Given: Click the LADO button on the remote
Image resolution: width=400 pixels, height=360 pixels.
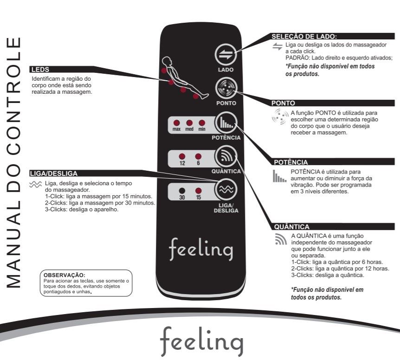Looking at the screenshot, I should (225, 55).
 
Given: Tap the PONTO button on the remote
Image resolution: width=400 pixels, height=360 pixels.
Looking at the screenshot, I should (226, 88).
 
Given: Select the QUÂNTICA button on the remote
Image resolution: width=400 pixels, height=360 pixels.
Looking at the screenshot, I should (226, 157).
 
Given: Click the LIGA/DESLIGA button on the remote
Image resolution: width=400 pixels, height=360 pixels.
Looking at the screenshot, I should (226, 189).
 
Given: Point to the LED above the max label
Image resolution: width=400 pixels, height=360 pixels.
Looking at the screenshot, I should (177, 123).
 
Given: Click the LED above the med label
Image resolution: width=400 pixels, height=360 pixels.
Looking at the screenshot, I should (189, 123).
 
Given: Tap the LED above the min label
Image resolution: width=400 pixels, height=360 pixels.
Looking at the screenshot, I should (201, 123).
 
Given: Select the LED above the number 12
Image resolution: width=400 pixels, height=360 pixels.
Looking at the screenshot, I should (182, 156).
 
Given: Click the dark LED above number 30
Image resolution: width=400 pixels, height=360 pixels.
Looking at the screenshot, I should (182, 190).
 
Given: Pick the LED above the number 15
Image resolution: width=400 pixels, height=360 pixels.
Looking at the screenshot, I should (198, 190).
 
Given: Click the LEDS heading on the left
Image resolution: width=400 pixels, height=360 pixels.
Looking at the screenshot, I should (39, 70).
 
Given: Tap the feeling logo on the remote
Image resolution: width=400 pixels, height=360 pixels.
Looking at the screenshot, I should (201, 250).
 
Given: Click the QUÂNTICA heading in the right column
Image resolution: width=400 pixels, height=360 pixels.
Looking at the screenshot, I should (288, 227).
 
